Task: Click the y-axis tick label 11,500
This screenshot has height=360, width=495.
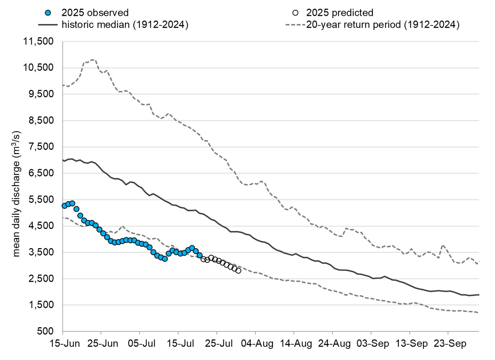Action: [38, 41]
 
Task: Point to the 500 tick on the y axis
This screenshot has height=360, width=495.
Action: [45, 331]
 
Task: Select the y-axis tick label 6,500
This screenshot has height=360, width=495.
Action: [41, 173]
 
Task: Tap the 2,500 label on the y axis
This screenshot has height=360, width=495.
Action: [41, 278]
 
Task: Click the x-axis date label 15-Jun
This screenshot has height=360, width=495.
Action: [65, 343]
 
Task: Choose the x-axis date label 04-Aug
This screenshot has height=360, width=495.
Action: [257, 343]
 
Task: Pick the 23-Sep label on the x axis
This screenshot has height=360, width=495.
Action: [450, 343]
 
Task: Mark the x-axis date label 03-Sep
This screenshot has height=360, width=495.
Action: [373, 343]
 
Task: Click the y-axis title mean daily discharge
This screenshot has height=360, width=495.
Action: [17, 194]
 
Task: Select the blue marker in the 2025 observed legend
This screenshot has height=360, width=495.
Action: [48, 13]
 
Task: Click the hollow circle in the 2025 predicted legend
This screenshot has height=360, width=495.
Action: [295, 13]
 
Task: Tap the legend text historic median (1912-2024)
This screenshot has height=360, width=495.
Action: [125, 25]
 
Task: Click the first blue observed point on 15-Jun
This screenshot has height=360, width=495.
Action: [65, 206]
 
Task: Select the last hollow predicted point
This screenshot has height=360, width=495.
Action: [238, 271]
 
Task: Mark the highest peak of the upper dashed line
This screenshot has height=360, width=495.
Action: [93, 60]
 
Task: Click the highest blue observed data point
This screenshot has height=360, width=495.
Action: [72, 203]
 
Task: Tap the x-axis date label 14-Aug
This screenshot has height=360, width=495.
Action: [296, 343]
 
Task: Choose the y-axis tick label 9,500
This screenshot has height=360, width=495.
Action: [41, 94]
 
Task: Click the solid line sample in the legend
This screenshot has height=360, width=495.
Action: [48, 25]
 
